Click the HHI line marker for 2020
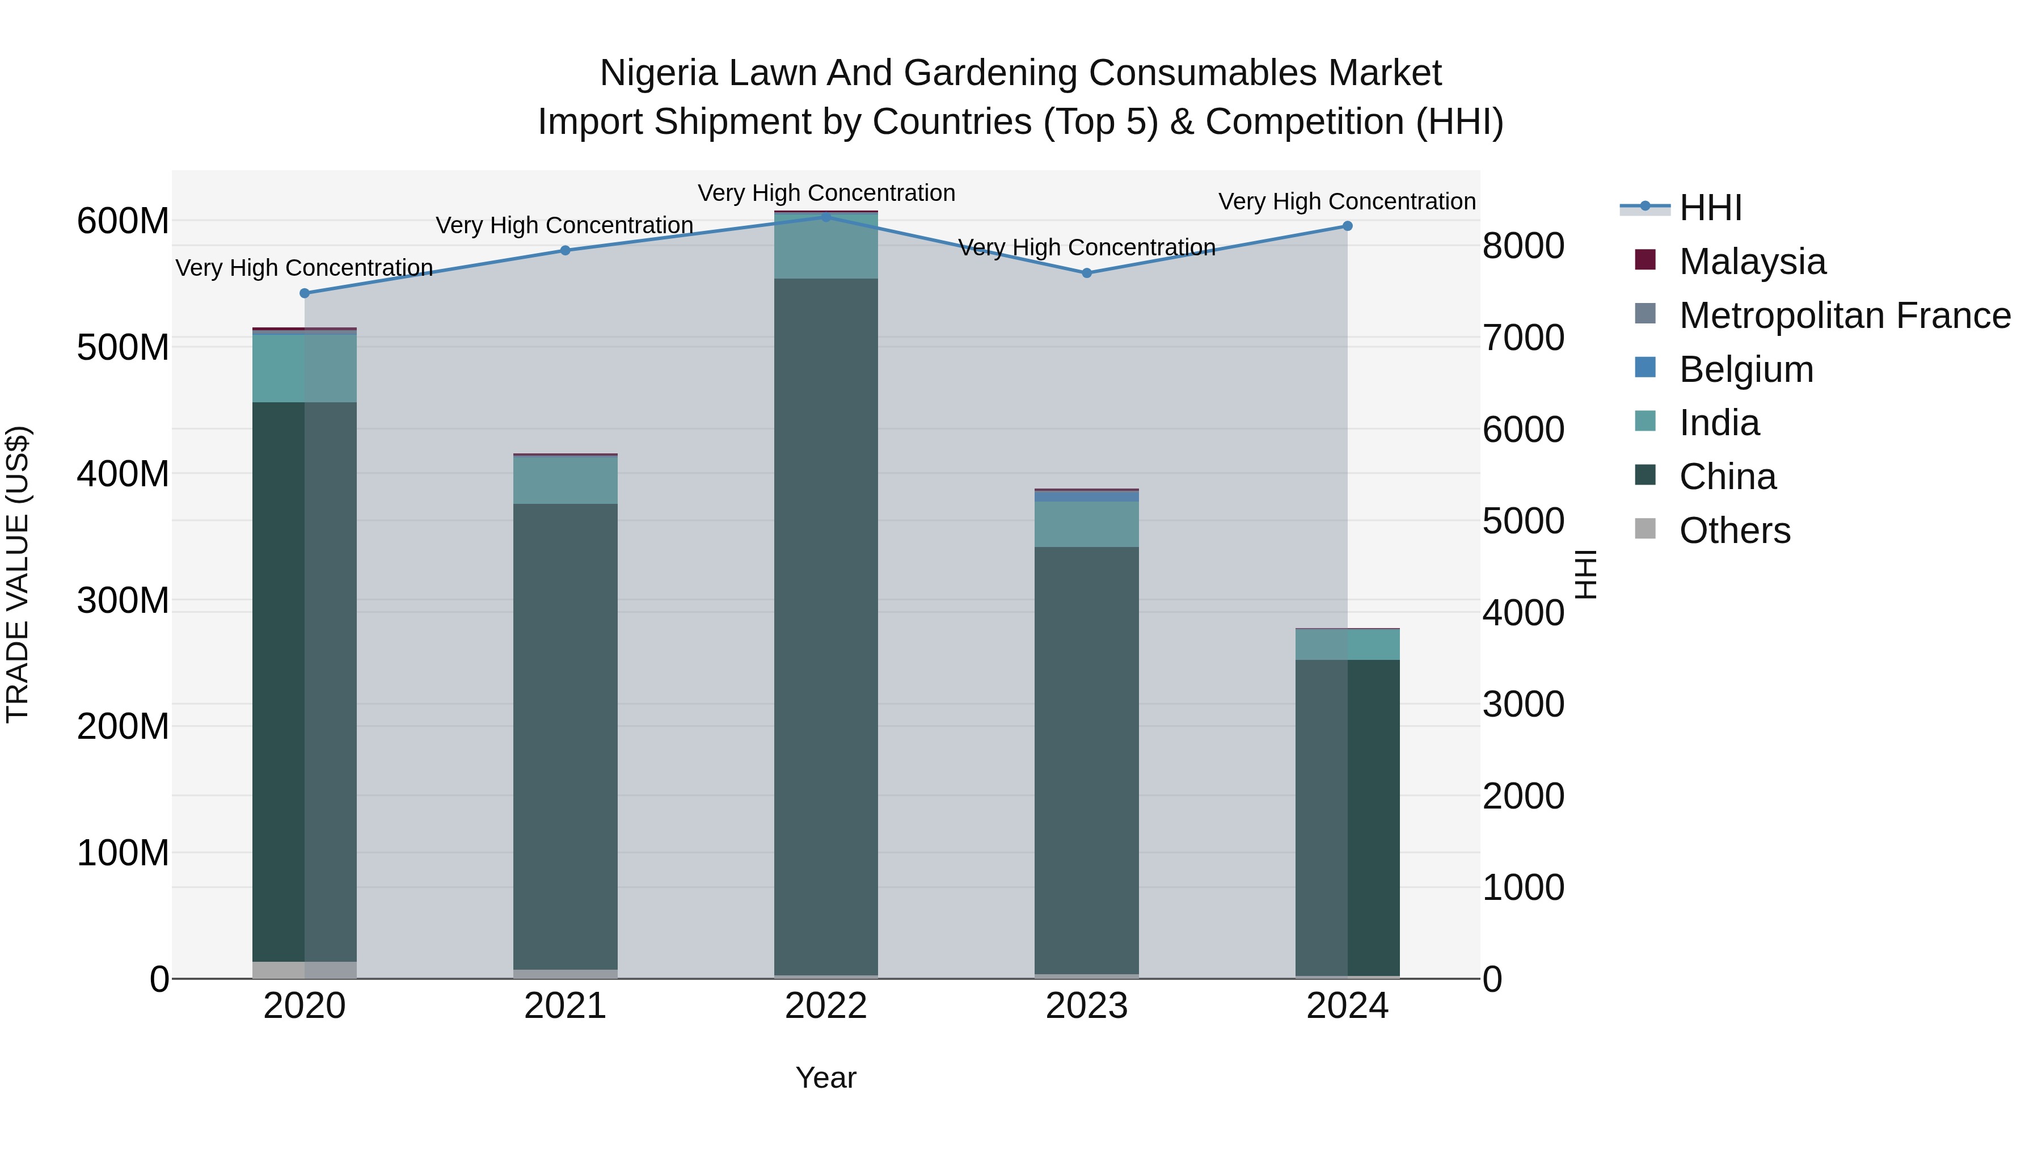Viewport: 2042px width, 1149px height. coord(305,293)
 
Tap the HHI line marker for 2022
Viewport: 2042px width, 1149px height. coord(826,217)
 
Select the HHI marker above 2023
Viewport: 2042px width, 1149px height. coord(1087,273)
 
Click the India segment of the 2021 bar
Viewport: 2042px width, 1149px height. coord(565,481)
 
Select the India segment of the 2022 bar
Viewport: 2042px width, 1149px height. coord(826,247)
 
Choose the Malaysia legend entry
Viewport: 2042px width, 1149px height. coord(1752,262)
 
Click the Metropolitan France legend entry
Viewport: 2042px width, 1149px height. coord(1844,315)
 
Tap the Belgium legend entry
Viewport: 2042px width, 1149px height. coord(1745,369)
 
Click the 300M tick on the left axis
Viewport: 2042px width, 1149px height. coord(123,600)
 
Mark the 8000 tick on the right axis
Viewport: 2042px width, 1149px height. coord(1523,246)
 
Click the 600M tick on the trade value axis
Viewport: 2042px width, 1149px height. coord(123,221)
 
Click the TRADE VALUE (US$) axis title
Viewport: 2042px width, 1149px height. coord(18,574)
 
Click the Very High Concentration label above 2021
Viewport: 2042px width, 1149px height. coord(564,225)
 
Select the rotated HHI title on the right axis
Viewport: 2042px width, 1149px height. coord(1585,574)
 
